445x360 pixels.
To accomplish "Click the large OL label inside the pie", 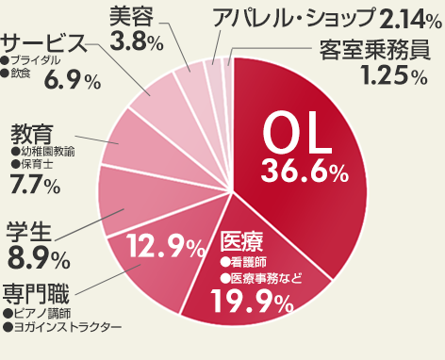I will point(296,137).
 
